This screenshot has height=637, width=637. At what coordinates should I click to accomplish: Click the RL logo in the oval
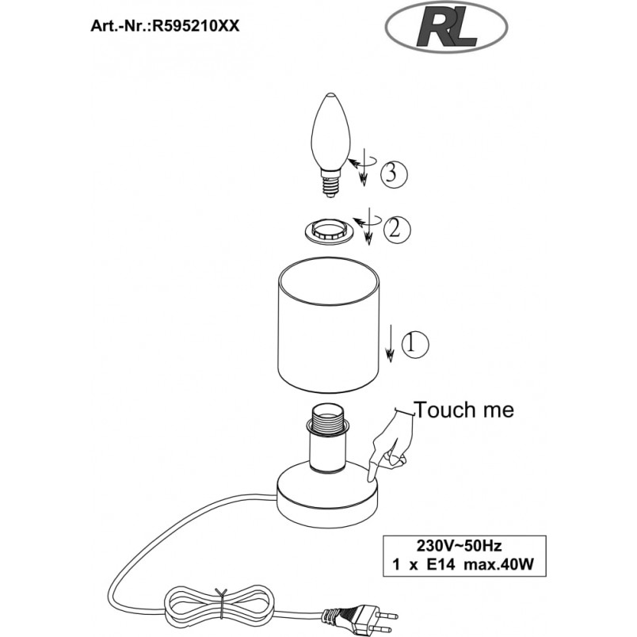pyautogui.click(x=446, y=29)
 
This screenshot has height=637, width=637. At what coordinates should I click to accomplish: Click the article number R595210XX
pyautogui.click(x=195, y=26)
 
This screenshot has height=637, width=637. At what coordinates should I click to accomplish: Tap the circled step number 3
pyautogui.click(x=393, y=174)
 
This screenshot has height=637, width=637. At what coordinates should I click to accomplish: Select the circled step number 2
pyautogui.click(x=397, y=230)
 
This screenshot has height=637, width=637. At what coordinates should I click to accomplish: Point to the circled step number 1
pyautogui.click(x=415, y=345)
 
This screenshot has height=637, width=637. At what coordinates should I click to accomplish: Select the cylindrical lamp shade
pyautogui.click(x=328, y=324)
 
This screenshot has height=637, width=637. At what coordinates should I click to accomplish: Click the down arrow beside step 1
pyautogui.click(x=390, y=343)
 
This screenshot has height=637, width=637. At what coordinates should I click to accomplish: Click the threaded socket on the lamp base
pyautogui.click(x=328, y=439)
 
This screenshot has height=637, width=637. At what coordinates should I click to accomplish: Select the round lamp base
pyautogui.click(x=327, y=494)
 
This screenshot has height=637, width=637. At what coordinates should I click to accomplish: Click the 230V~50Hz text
pyautogui.click(x=459, y=545)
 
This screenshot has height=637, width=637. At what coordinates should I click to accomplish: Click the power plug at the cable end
pyautogui.click(x=360, y=617)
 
